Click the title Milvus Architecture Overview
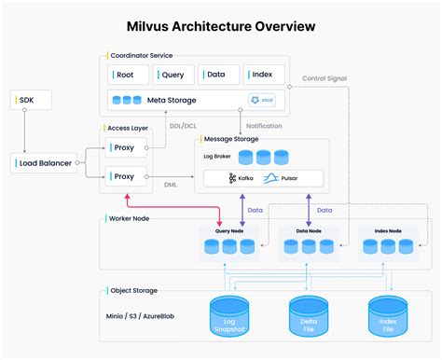click(220, 27)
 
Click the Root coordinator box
click(127, 76)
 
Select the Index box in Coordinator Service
click(263, 76)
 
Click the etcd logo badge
click(260, 100)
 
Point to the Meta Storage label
click(173, 100)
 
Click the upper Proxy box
click(124, 148)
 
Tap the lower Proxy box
click(124, 175)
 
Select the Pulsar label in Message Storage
click(290, 177)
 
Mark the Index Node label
click(382, 229)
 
